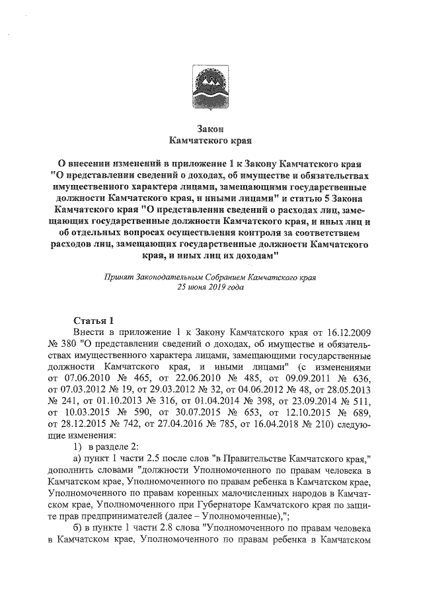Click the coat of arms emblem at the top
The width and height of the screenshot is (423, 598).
[211, 86]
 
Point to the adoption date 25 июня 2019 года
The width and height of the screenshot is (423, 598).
[211, 288]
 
